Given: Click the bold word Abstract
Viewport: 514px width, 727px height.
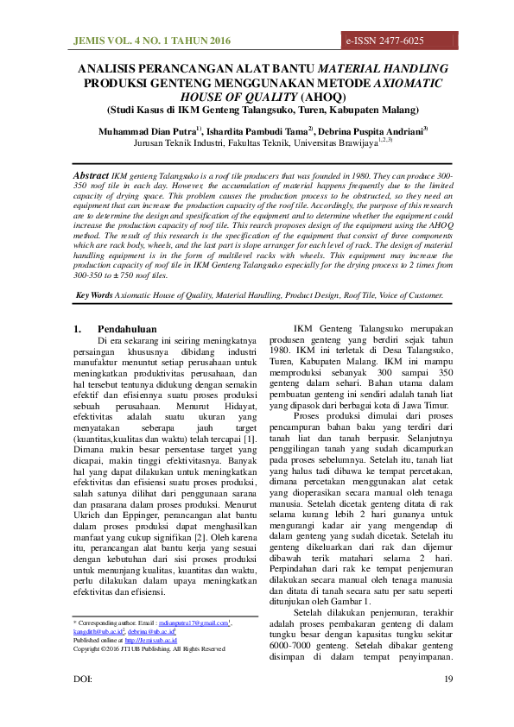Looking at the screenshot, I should pos(92,174).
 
